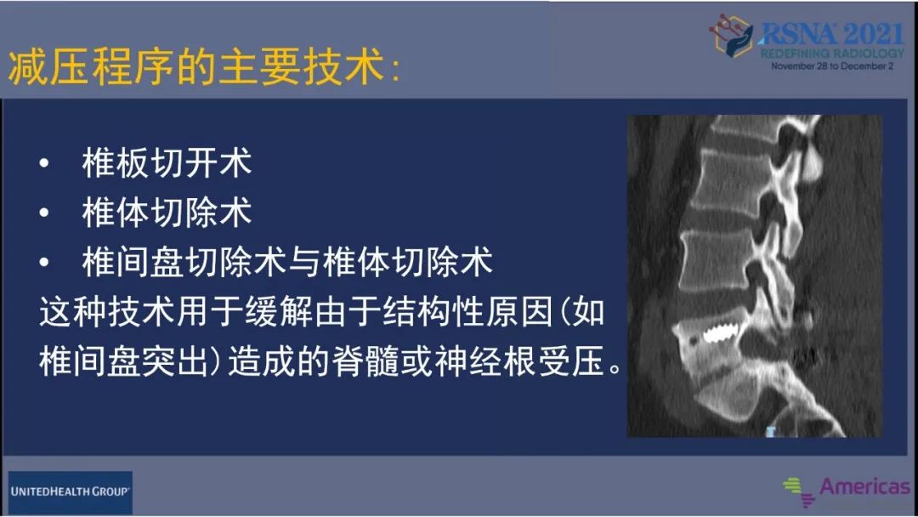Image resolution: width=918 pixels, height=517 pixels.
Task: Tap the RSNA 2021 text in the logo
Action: click(x=830, y=33)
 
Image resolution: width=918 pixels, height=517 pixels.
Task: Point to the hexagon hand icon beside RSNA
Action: click(x=734, y=37)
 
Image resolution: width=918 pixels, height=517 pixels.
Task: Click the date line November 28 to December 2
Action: click(x=832, y=65)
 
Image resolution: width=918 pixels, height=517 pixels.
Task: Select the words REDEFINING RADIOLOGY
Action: click(x=832, y=54)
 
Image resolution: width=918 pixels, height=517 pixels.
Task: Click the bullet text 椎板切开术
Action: click(x=167, y=163)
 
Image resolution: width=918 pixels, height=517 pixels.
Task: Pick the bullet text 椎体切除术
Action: click(x=167, y=213)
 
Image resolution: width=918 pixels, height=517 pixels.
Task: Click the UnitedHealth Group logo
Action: click(x=71, y=491)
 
